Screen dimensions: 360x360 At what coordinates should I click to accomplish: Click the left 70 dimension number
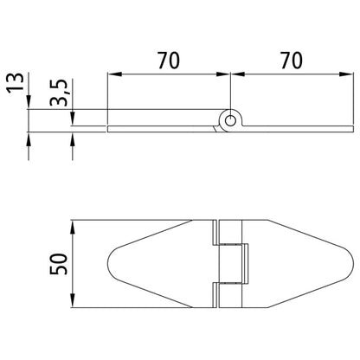coord(170,61)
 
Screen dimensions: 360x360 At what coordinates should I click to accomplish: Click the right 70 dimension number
coord(292,61)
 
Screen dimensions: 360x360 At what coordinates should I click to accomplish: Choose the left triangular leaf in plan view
coord(164,262)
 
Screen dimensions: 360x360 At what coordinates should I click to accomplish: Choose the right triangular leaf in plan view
coord(294,262)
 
